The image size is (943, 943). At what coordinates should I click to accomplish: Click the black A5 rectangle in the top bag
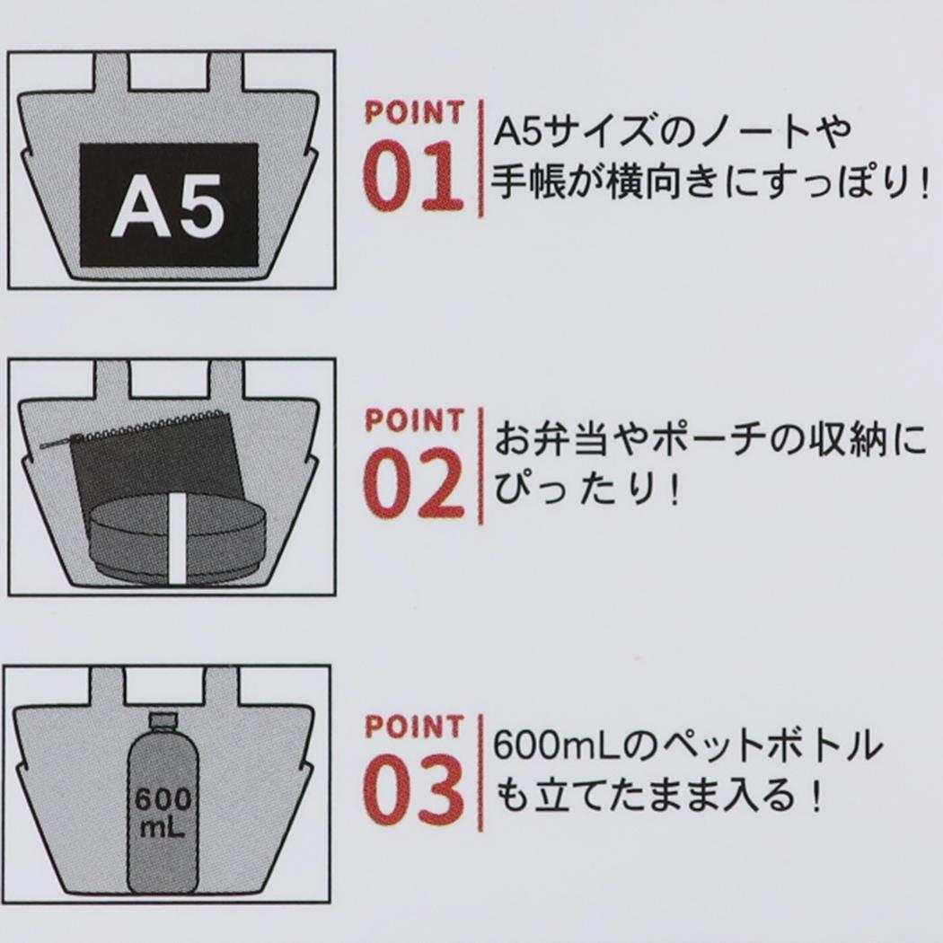point(169,205)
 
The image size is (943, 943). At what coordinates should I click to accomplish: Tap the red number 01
point(414,177)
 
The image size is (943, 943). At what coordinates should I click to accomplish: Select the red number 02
point(414,483)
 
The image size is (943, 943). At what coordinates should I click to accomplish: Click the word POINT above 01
point(414,113)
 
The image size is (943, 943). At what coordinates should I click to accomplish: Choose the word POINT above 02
point(414,420)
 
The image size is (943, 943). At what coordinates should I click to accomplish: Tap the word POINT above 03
point(414,727)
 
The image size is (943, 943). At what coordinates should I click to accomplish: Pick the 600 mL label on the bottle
point(163,813)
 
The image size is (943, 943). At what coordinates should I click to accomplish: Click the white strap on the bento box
point(177,539)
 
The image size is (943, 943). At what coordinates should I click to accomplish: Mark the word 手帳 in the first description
point(529,182)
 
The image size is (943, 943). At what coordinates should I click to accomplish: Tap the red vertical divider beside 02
point(480,465)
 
